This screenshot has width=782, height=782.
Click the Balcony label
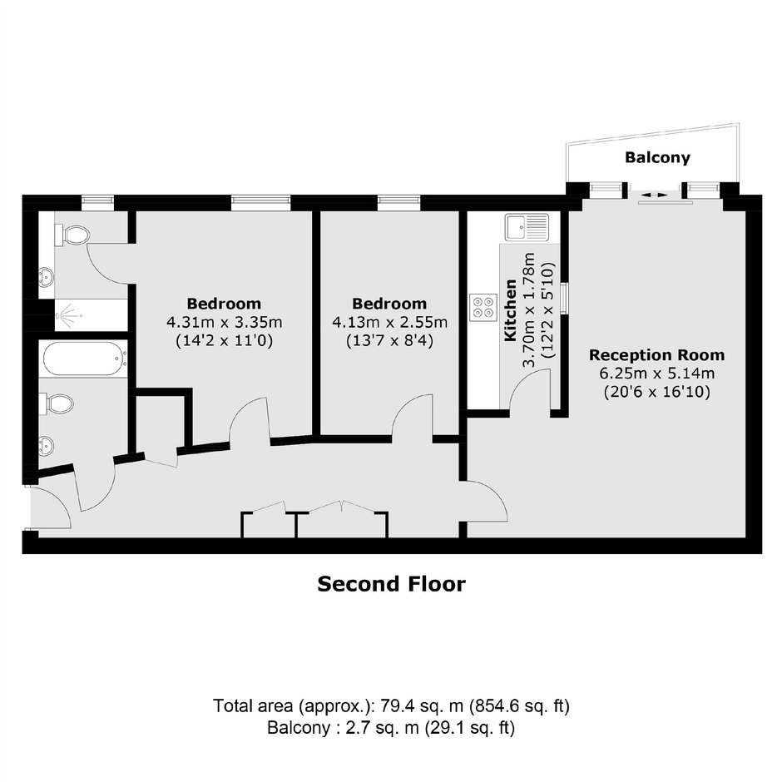click(x=657, y=157)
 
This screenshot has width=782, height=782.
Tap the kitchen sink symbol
click(x=527, y=227)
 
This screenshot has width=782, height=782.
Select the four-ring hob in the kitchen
click(x=483, y=307)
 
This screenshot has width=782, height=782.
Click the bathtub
click(x=84, y=359)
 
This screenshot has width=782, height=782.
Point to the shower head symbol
click(x=67, y=315)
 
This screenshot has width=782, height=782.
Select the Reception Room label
click(x=657, y=355)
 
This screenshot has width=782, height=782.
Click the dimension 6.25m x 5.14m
click(x=657, y=373)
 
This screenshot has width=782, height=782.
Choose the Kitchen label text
click(x=510, y=310)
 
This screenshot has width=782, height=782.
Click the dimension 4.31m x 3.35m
click(x=225, y=322)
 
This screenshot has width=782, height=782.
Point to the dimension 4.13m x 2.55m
click(x=389, y=322)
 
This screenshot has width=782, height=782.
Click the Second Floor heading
click(x=392, y=584)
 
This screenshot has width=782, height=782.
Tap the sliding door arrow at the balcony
click(x=654, y=195)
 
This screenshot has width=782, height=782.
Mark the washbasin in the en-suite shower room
click(x=46, y=276)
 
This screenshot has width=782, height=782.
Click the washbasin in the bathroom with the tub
click(x=46, y=445)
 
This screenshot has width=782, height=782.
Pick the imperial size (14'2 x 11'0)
click(x=225, y=341)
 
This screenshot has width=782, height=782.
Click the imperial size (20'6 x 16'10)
click(x=657, y=392)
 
